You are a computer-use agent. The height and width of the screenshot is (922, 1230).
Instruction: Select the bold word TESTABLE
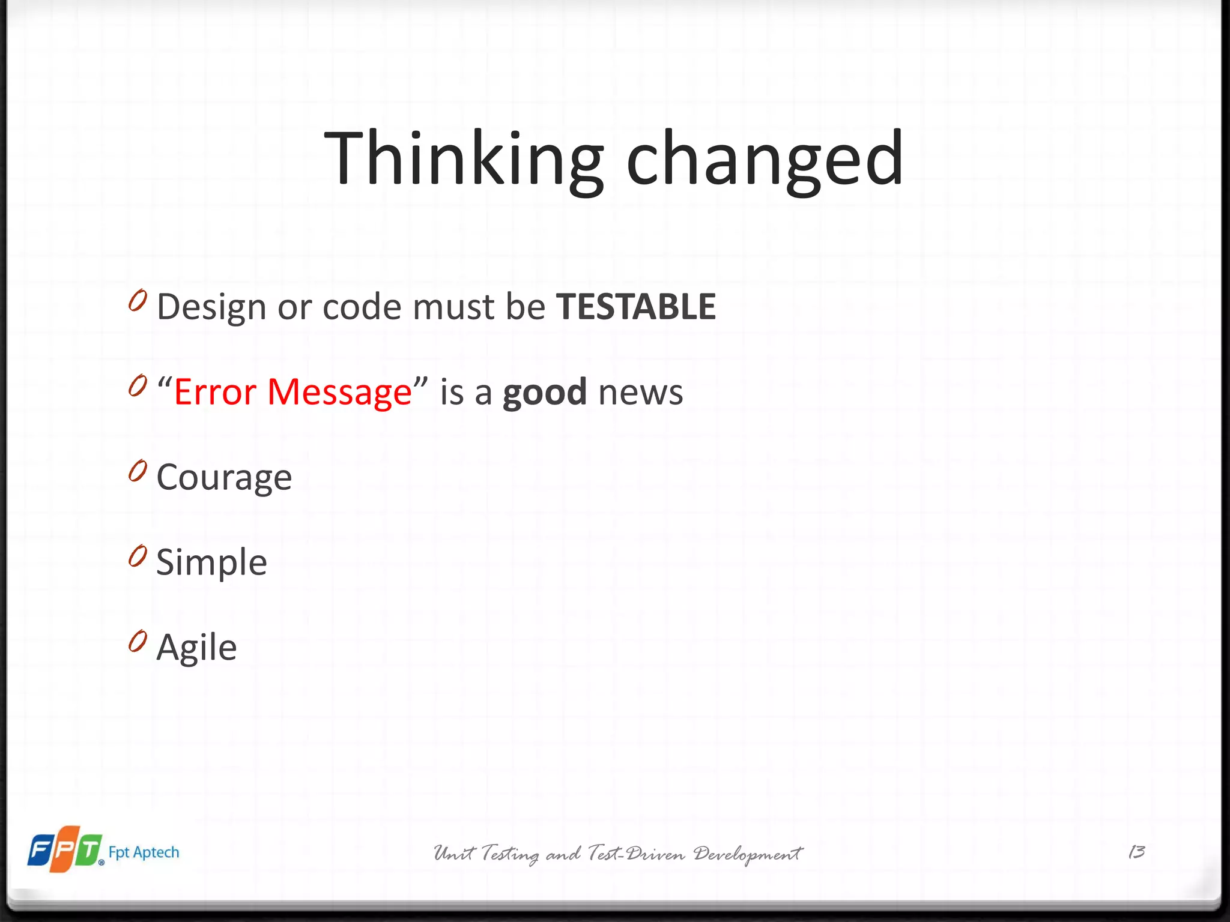coord(635,307)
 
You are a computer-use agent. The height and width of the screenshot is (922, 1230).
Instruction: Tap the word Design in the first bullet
coord(211,308)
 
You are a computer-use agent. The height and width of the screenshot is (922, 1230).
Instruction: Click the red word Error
coord(216,392)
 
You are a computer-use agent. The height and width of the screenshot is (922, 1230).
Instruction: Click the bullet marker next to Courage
coord(138,471)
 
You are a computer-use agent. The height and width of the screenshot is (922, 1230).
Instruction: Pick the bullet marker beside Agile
coord(138,641)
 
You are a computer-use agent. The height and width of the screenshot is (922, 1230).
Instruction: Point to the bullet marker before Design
coord(138,301)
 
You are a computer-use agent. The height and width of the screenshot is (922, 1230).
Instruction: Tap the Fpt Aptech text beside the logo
coord(144,852)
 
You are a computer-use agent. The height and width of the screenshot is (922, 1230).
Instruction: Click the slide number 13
coord(1136,852)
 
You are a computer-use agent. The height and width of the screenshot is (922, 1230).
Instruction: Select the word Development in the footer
coord(747,854)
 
